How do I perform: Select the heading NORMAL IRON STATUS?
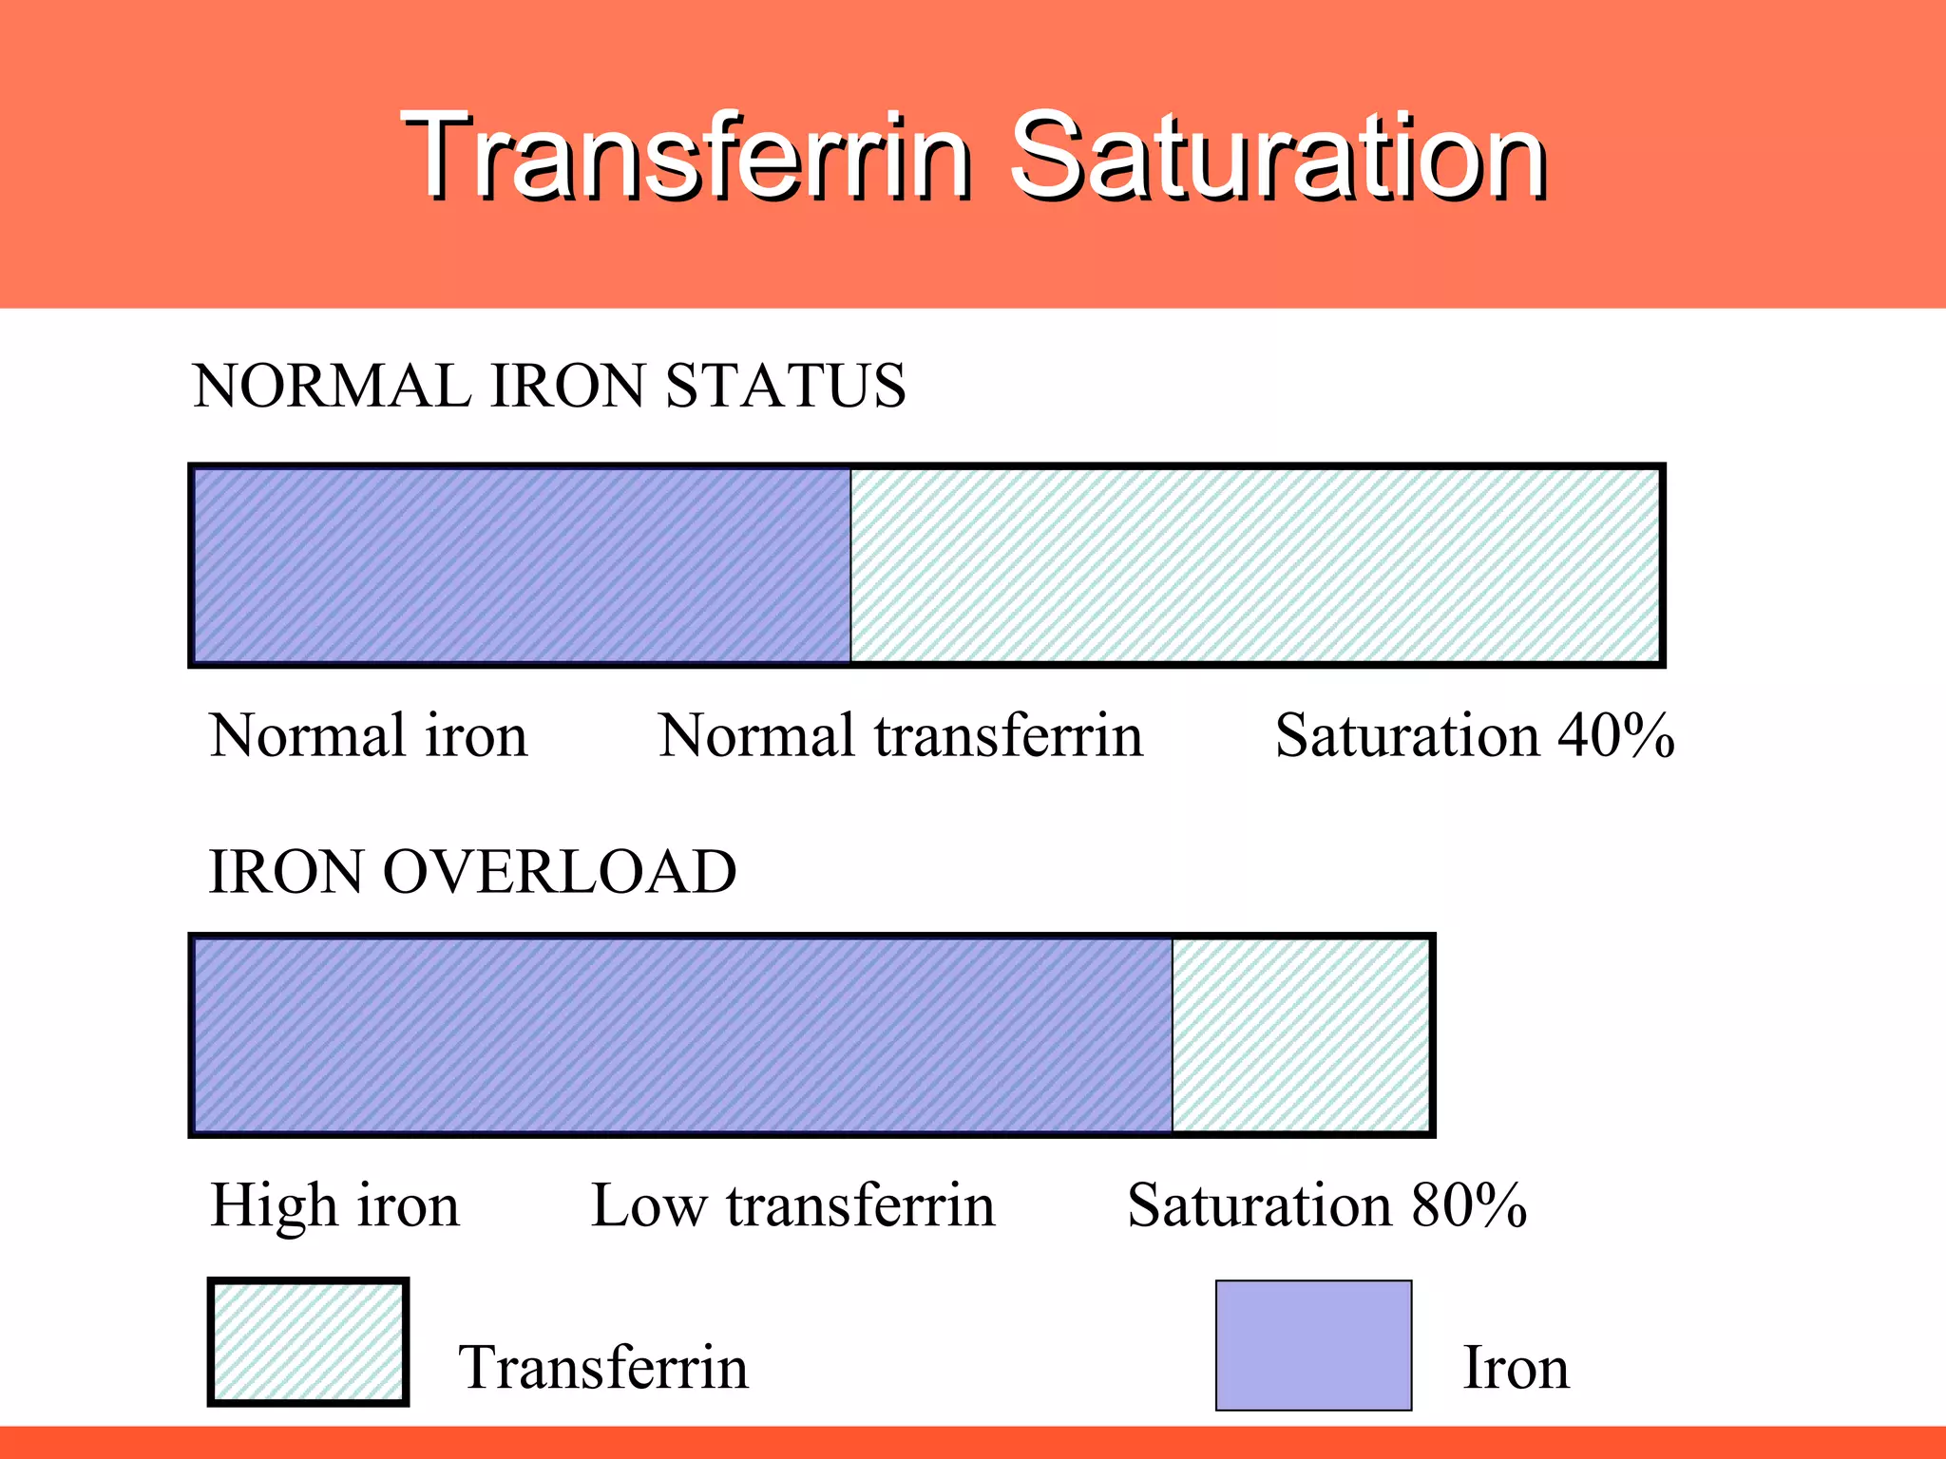pos(549,387)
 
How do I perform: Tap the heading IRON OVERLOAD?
pos(472,872)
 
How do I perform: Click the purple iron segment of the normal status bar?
pos(521,566)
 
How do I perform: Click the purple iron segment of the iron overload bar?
pos(682,1035)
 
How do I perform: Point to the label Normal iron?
pos(369,736)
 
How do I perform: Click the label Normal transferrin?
pos(901,736)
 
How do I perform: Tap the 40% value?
pos(1615,736)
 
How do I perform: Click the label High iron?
pos(334,1206)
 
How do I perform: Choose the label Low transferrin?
pos(793,1206)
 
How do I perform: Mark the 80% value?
pos(1469,1206)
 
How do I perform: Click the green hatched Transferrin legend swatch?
pos(308,1342)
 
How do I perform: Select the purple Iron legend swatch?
pos(1313,1345)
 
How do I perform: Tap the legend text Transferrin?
pos(603,1368)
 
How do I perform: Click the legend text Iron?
pos(1516,1368)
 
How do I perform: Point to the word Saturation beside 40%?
pos(1406,736)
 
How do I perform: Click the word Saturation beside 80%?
pos(1259,1206)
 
